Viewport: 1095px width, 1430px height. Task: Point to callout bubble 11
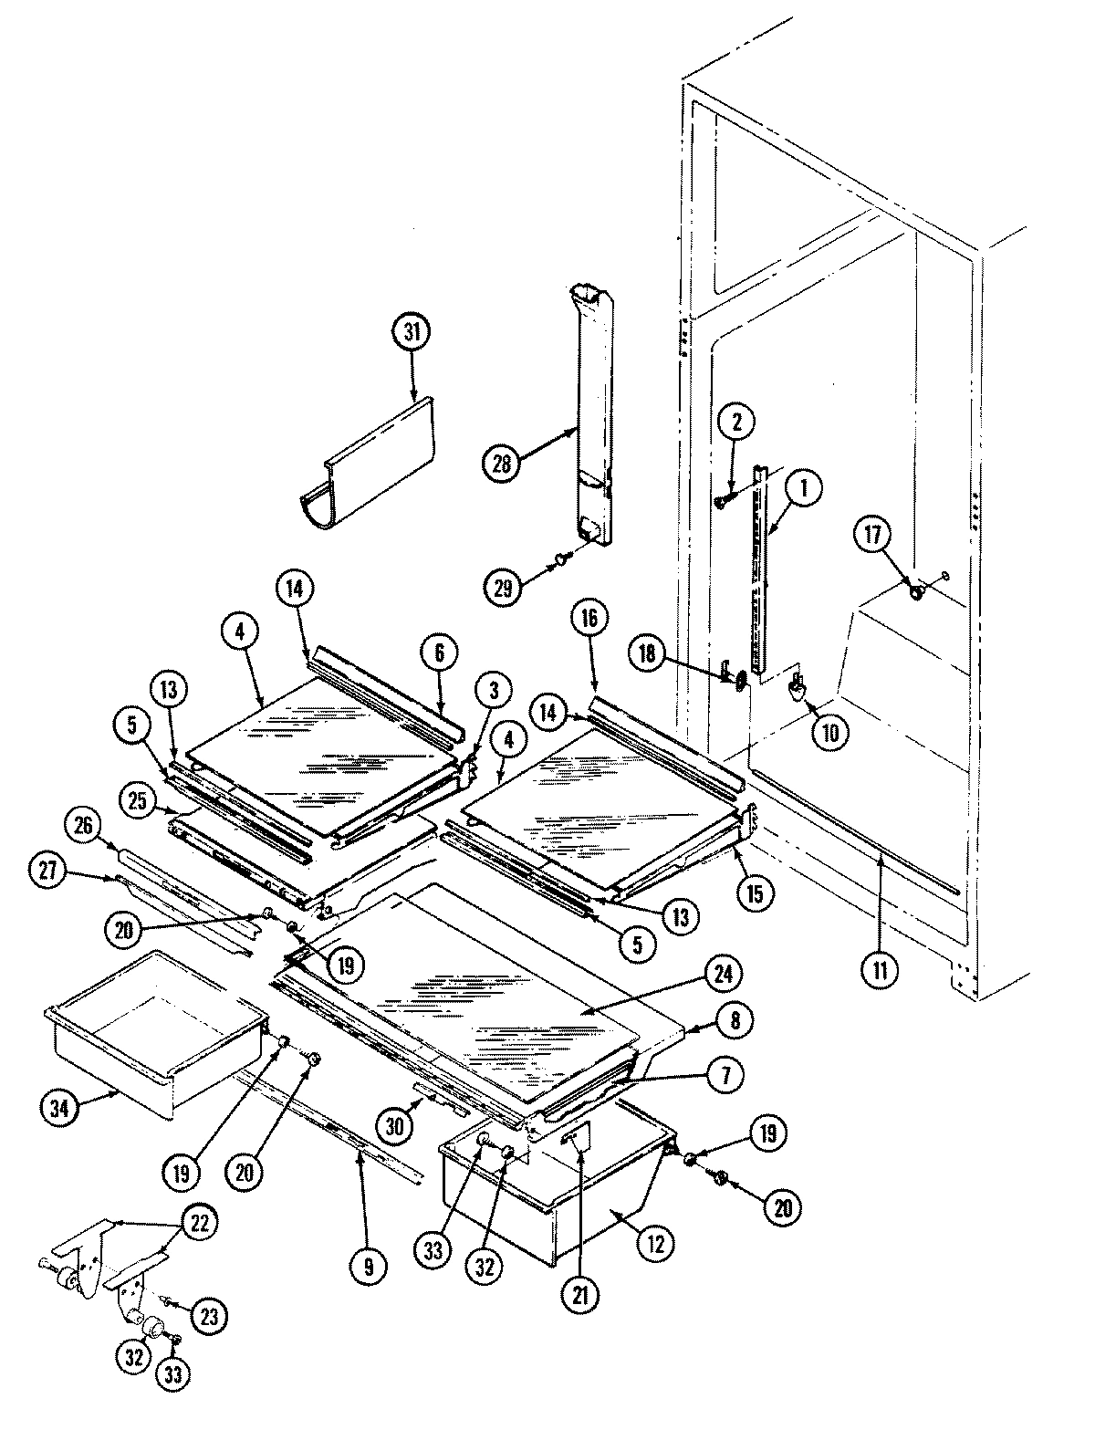point(880,969)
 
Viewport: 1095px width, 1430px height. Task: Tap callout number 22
point(202,1222)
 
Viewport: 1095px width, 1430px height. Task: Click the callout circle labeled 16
point(589,619)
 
